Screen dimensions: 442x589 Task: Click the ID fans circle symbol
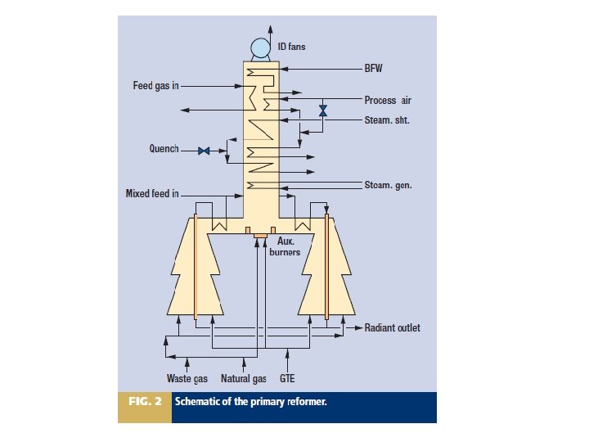(x=262, y=48)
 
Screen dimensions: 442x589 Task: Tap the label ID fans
(x=292, y=47)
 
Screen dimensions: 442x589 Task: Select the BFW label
(x=373, y=70)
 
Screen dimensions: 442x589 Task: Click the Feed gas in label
(x=155, y=86)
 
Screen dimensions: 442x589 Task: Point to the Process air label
(x=387, y=101)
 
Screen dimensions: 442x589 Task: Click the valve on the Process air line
(x=323, y=110)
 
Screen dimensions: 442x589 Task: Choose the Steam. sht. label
(x=386, y=120)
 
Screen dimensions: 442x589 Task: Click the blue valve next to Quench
(x=205, y=151)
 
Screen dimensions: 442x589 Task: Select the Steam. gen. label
(x=388, y=185)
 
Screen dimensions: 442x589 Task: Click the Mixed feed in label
(x=151, y=194)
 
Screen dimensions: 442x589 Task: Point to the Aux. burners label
(x=286, y=246)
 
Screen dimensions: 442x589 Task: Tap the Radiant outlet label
(x=392, y=327)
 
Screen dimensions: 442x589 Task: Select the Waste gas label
(x=187, y=379)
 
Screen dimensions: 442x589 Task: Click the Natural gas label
(x=244, y=379)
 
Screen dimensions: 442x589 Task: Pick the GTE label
(x=287, y=379)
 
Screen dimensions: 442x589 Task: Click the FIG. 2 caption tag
(x=145, y=402)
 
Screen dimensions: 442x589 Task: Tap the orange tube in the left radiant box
(x=196, y=266)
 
